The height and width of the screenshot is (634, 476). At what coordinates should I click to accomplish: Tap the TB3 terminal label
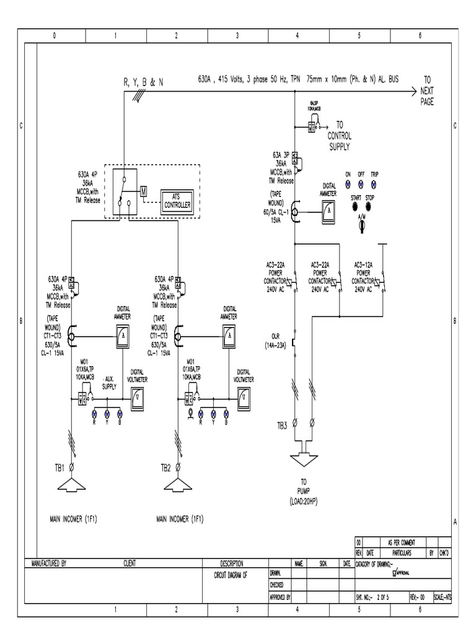click(x=282, y=425)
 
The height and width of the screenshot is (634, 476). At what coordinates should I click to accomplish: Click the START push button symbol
click(x=356, y=206)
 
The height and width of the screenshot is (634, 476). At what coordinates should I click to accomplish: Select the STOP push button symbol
click(x=370, y=206)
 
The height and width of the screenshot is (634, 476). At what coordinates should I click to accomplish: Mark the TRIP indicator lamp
click(x=374, y=184)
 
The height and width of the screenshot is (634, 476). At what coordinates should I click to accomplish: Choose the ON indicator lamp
click(x=348, y=184)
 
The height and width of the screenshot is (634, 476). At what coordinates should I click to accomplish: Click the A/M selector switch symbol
click(x=362, y=227)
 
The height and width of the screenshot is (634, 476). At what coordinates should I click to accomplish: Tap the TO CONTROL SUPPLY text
click(x=339, y=135)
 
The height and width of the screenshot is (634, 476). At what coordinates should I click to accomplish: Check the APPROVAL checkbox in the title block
click(x=395, y=573)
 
